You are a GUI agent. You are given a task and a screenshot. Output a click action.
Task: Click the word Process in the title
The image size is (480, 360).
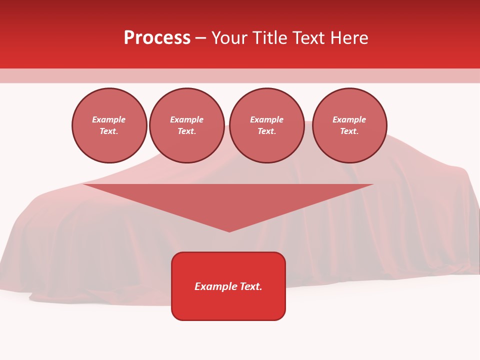tap(157, 38)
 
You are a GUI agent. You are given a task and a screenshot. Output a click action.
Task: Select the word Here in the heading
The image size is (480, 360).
tap(348, 38)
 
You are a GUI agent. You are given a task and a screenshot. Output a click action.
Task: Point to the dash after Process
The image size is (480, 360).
tap(200, 38)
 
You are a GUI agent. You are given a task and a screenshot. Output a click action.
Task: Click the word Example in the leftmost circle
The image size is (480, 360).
tap(109, 119)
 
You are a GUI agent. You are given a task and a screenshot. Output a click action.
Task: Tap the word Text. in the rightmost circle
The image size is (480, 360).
tap(349, 131)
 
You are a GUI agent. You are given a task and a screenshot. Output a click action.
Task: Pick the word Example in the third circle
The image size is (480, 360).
tap(266, 119)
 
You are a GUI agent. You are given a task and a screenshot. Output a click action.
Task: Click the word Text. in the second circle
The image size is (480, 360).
tap(186, 131)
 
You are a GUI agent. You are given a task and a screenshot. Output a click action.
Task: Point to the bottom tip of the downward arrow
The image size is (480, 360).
tap(229, 230)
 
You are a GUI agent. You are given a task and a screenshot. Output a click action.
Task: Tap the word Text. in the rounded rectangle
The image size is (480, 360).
tap(251, 286)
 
